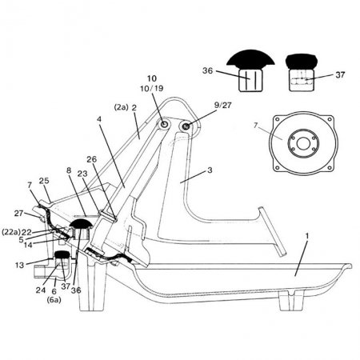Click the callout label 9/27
tap(222, 106)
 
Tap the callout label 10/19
tap(152, 89)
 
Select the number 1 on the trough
tap(307, 236)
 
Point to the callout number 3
tap(210, 170)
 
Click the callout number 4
tap(99, 119)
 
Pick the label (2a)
tap(122, 107)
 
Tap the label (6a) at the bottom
tap(54, 300)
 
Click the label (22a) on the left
tap(11, 232)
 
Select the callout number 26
tap(92, 159)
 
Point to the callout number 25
tap(44, 181)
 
